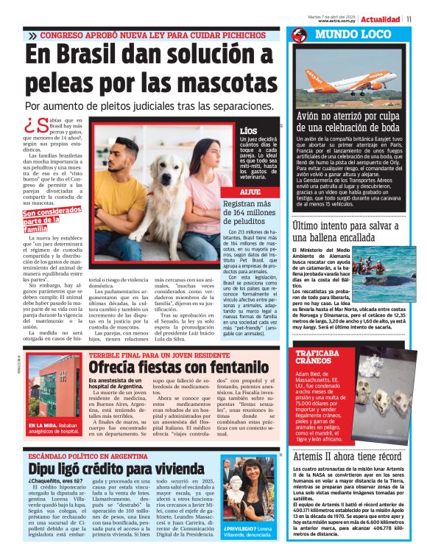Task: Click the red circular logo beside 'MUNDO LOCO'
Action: (x=299, y=35)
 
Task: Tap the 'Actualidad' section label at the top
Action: (x=381, y=19)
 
